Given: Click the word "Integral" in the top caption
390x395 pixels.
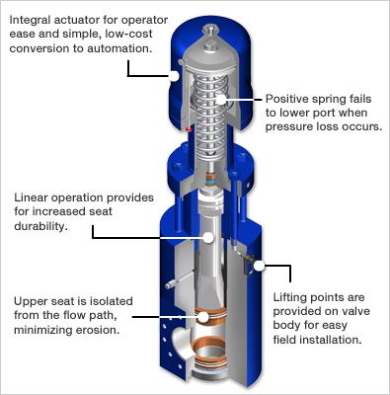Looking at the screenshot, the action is [x=31, y=21].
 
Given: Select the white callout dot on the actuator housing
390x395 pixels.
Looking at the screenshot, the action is [x=174, y=76].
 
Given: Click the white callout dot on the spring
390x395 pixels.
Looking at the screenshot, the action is [x=222, y=99].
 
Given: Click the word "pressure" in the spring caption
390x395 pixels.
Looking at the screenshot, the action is [x=287, y=127].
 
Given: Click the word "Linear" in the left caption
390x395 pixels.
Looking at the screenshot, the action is [x=31, y=197].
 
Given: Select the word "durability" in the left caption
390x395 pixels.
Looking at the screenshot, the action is [x=39, y=226].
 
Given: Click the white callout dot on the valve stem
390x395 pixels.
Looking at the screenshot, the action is [x=208, y=237].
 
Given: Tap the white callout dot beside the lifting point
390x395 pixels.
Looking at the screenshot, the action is [x=260, y=266].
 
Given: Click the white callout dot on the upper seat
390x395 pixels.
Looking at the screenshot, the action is [x=203, y=317].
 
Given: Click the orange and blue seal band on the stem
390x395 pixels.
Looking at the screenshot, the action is [x=210, y=181].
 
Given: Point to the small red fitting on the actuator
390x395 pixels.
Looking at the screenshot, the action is [x=189, y=129].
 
